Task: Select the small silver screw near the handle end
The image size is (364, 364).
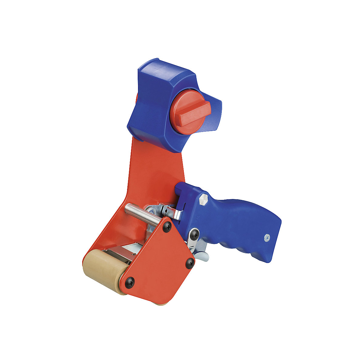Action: (x=267, y=238)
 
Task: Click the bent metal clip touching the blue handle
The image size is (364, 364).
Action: (x=173, y=211)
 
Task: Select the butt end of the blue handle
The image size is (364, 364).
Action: (x=275, y=240)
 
